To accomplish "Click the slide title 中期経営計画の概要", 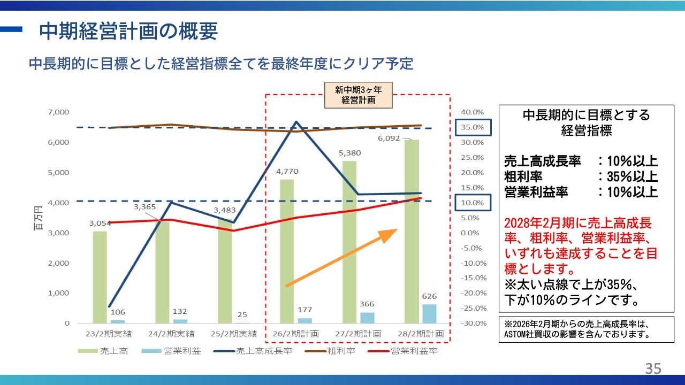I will [128, 32].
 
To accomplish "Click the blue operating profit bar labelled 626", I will [429, 314].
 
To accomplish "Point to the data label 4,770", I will [287, 172].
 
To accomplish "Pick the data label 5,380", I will [349, 153].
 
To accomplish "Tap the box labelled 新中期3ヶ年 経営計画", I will [359, 95].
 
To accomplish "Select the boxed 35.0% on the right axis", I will [473, 127].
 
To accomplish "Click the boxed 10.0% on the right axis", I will [473, 203].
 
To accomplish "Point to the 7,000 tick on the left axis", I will [59, 112].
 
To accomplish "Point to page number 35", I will [653, 368].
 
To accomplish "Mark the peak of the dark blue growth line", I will [296, 122].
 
